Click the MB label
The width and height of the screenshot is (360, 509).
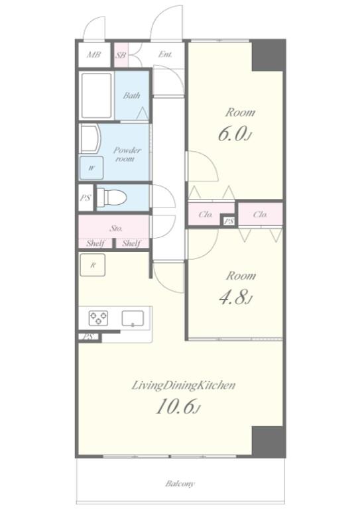(94, 54)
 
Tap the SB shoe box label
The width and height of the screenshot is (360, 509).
(121, 55)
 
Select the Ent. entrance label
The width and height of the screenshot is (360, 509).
(165, 54)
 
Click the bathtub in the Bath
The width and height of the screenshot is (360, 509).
(96, 95)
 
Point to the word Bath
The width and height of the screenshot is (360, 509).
(131, 95)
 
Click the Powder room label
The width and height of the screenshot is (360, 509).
(127, 154)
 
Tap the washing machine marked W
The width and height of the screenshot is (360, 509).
(91, 168)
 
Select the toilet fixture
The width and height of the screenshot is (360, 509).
(111, 197)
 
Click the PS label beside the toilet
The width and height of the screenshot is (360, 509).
(86, 198)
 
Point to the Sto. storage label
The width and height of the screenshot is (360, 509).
(116, 228)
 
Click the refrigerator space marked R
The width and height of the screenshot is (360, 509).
(93, 265)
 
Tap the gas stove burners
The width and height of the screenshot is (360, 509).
(98, 318)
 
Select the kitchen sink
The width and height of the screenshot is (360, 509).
(133, 318)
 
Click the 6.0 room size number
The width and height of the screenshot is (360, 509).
(231, 134)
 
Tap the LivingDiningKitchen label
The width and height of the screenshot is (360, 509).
(184, 385)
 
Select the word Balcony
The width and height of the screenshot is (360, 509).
(180, 484)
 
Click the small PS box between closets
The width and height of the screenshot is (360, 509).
(229, 221)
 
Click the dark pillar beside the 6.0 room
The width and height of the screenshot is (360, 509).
(268, 55)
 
